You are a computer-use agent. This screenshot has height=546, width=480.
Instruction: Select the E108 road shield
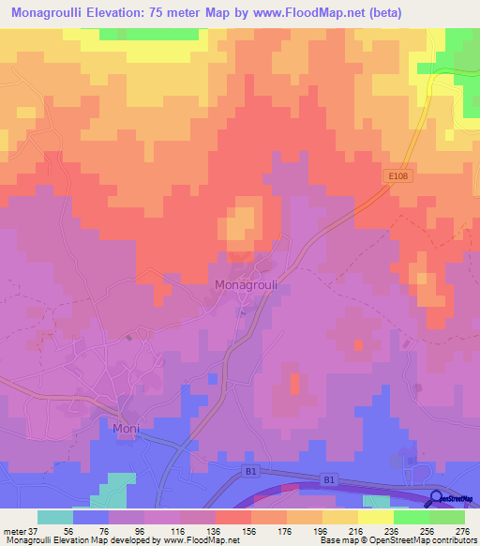pyautogui.click(x=398, y=175)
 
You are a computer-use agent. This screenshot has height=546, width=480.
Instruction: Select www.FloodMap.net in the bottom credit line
pyautogui.click(x=182, y=540)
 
